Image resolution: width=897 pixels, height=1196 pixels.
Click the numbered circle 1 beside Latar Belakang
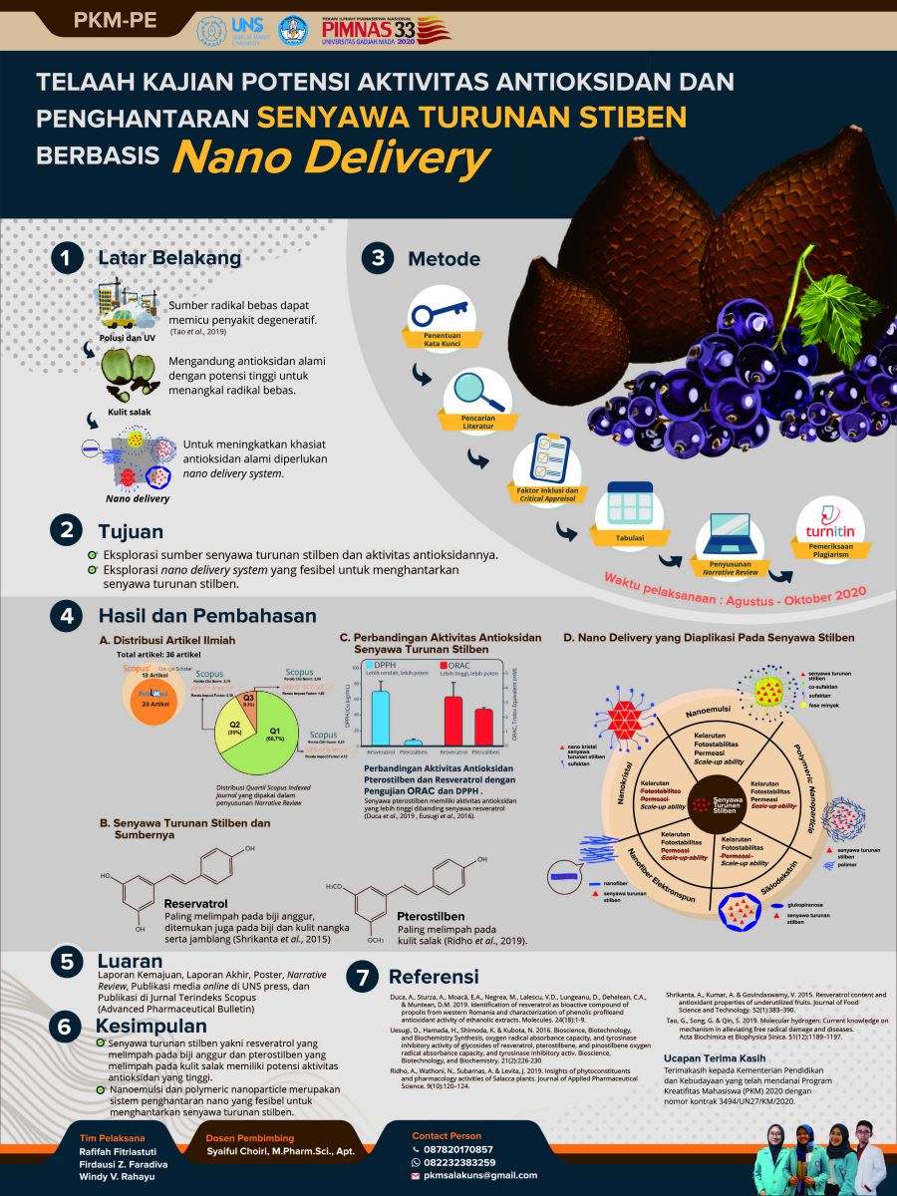click(66, 258)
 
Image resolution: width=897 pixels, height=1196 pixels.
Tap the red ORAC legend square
click(448, 664)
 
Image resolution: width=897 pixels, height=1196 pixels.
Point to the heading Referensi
click(434, 977)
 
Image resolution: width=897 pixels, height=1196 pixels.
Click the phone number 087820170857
click(457, 1149)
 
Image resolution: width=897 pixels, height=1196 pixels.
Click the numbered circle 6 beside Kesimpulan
click(66, 1027)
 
